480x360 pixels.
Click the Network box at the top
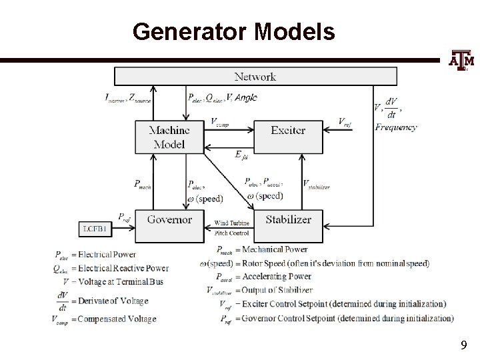click(254, 76)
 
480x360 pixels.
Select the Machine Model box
click(169, 137)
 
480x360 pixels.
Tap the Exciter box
click(288, 130)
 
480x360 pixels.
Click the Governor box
click(169, 220)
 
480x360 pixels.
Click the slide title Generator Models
click(233, 31)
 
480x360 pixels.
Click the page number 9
click(463, 345)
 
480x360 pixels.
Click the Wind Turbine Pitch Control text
click(233, 228)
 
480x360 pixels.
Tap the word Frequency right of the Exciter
click(395, 127)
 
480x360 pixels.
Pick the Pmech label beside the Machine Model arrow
click(142, 185)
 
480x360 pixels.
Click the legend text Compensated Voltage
click(117, 319)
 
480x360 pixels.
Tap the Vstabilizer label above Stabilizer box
click(316, 184)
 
